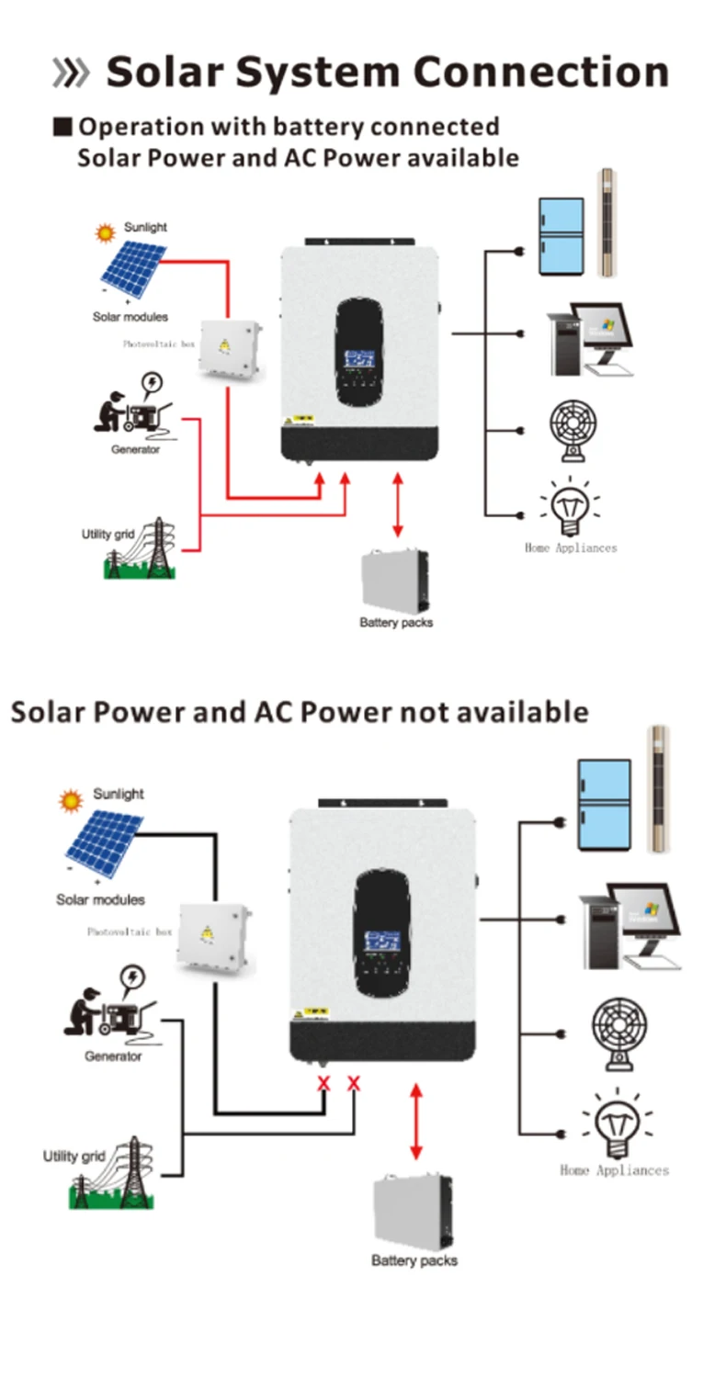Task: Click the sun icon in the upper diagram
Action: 106,233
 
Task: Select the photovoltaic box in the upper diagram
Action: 228,350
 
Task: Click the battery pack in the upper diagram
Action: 395,581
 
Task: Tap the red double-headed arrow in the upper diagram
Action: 397,504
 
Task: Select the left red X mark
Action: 323,1084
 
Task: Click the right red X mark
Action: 354,1084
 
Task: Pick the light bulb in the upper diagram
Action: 570,510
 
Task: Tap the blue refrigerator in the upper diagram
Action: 561,236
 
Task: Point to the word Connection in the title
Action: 540,73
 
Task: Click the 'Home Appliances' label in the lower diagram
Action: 614,1170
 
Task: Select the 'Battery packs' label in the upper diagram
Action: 396,623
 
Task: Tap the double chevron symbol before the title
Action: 71,73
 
